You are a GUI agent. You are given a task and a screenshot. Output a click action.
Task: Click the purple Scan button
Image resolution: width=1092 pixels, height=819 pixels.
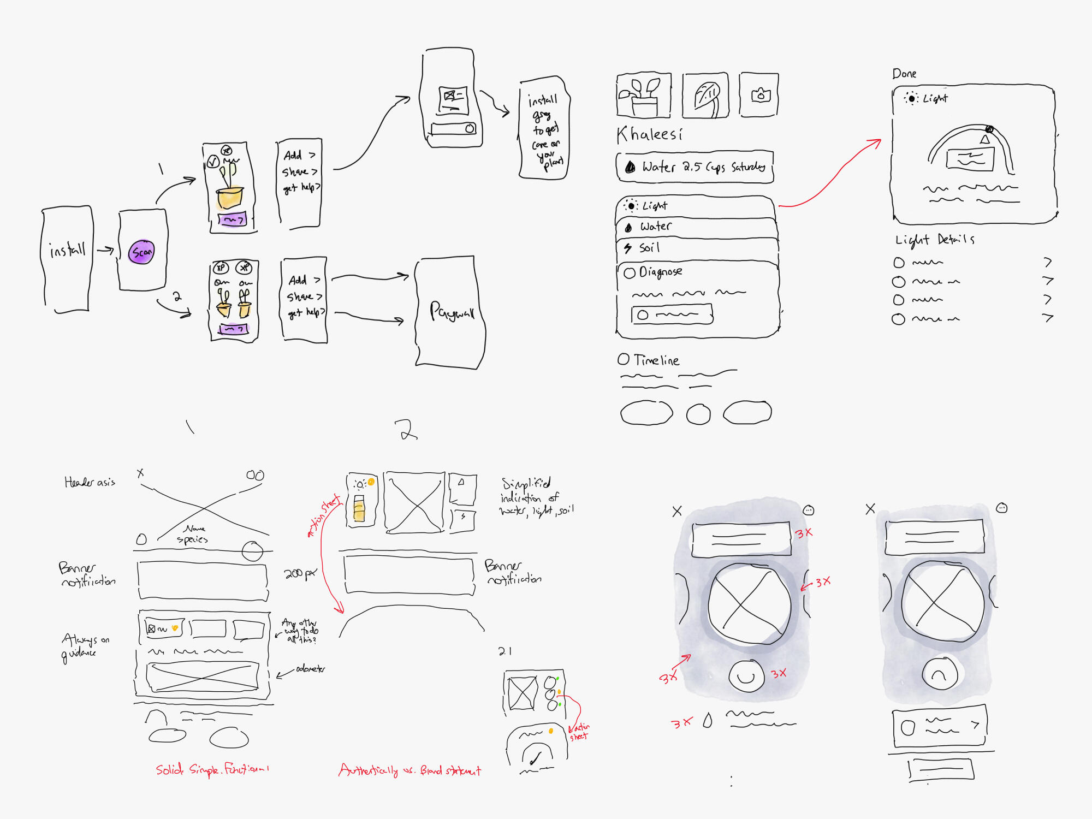click(x=141, y=252)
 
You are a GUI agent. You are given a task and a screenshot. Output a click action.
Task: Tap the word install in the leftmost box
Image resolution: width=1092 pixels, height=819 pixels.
click(x=67, y=250)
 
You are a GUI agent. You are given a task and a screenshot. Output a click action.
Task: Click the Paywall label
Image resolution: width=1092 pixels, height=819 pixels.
click(x=452, y=312)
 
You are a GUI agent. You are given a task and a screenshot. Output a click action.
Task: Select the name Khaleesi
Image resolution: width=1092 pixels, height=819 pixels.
click(x=649, y=134)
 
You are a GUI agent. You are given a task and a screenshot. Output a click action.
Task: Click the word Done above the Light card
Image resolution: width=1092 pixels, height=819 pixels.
click(x=904, y=74)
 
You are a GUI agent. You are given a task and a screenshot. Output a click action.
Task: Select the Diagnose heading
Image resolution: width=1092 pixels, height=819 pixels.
click(x=660, y=272)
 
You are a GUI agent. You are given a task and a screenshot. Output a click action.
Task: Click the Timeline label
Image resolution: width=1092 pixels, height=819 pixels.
click(x=656, y=360)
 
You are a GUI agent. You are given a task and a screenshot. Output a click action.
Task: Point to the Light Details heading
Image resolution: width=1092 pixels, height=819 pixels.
click(x=934, y=240)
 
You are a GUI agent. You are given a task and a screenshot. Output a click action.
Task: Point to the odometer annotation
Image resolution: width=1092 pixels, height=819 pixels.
click(x=310, y=669)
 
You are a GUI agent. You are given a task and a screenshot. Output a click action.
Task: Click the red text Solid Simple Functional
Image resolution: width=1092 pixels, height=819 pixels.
click(x=212, y=770)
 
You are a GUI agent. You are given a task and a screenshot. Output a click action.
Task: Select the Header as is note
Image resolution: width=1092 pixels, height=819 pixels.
click(x=90, y=482)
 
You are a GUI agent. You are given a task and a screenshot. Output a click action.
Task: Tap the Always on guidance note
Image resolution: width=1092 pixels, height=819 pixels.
click(x=85, y=646)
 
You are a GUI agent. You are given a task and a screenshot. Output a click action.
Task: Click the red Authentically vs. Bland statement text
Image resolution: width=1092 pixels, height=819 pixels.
click(x=410, y=770)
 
